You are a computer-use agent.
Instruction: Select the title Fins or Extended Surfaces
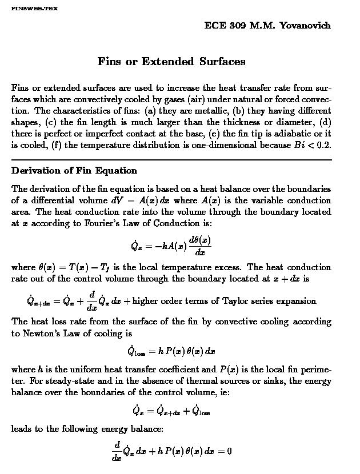click(x=171, y=61)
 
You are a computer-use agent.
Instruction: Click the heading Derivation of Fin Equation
click(x=74, y=170)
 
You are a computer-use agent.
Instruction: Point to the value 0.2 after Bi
click(x=323, y=145)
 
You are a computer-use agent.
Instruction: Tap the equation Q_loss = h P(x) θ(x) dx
click(x=171, y=351)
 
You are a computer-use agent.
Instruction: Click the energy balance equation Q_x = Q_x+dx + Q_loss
click(x=171, y=410)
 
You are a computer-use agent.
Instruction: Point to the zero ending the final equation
click(x=229, y=451)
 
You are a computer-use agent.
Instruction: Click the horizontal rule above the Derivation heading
click(x=171, y=160)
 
